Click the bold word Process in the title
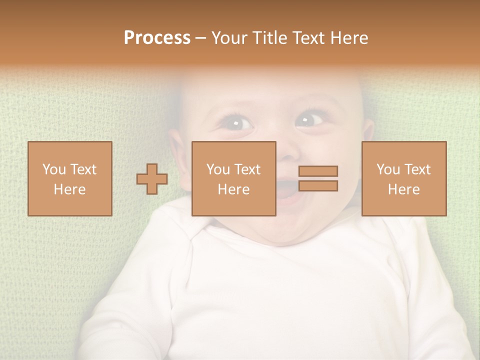(x=157, y=38)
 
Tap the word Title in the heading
(x=269, y=38)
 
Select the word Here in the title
(x=348, y=38)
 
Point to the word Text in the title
(x=308, y=38)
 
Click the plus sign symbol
(x=152, y=178)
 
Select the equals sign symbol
(x=318, y=178)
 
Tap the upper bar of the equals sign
(x=318, y=171)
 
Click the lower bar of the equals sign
(x=318, y=186)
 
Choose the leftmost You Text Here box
(x=69, y=178)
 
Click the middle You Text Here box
(x=233, y=178)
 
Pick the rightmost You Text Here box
(x=403, y=178)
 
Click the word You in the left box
(x=53, y=169)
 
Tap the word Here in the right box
(x=403, y=189)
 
